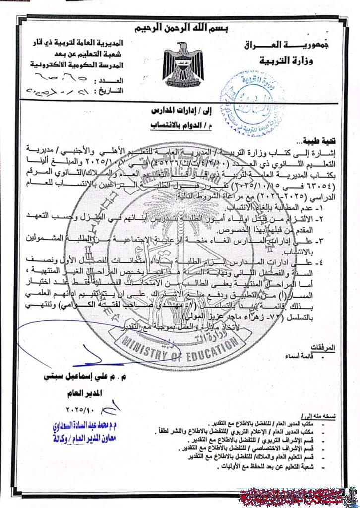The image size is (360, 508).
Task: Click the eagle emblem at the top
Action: click(183, 65)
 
